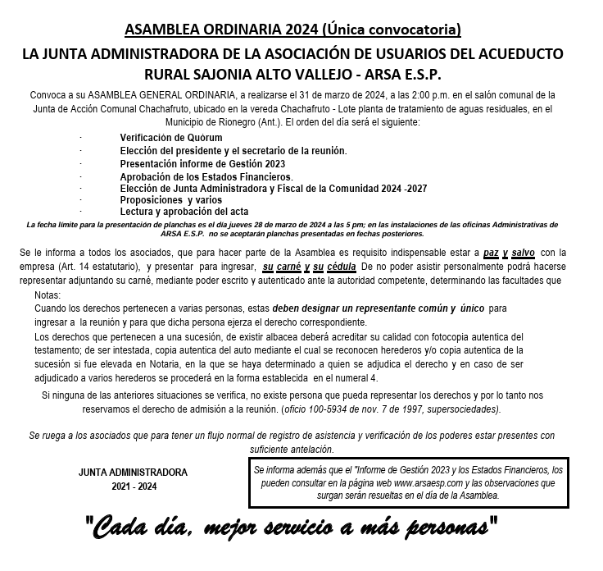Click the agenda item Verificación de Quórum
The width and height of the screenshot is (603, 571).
pos(171,138)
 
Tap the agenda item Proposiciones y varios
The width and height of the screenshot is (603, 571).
pos(170,199)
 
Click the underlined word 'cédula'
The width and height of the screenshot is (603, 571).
pos(340,267)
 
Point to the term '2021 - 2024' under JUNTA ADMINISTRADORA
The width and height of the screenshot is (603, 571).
pos(133,486)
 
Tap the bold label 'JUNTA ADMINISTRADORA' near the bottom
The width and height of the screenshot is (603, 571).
pos(133,473)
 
